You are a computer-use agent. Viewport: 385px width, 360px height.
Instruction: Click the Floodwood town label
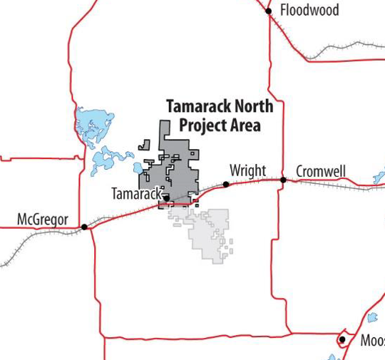[x=309, y=10]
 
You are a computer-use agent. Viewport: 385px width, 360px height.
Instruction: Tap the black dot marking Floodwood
[x=269, y=11]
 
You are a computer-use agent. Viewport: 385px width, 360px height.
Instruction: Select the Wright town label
[x=247, y=171]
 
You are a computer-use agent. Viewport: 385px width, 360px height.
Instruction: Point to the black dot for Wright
[x=226, y=184]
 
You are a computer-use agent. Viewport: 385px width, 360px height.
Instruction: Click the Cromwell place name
[x=320, y=171]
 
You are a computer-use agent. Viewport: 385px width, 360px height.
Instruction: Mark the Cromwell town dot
[x=283, y=180]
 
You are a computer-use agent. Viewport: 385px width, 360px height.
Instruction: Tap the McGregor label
[x=42, y=219]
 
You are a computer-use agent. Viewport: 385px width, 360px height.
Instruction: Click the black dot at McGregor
[x=84, y=227]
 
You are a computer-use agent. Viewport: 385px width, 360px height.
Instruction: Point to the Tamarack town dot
[x=166, y=198]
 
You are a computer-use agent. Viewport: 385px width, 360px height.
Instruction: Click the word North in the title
[x=250, y=106]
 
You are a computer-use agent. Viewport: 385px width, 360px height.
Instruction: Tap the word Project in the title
[x=201, y=125]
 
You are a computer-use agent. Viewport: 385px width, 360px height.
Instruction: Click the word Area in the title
[x=245, y=125]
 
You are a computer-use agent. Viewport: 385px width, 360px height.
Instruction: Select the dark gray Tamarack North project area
[x=178, y=171]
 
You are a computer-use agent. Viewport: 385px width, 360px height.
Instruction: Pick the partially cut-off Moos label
[x=371, y=340]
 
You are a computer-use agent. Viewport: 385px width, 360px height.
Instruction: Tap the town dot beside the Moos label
[x=342, y=339]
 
